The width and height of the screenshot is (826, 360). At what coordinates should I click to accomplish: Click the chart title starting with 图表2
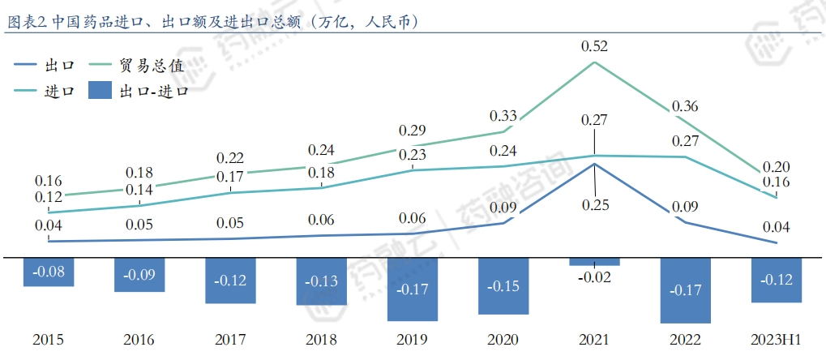pos(212,22)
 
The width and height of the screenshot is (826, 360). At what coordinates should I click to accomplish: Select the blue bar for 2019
pos(413,289)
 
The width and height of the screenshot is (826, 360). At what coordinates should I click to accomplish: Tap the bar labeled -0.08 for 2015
pos(49,272)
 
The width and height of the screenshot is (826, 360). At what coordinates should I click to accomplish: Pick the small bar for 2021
pos(594,262)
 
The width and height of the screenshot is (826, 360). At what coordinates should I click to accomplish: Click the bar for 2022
pos(685,289)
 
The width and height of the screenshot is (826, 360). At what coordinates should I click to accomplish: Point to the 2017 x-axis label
pos(230,339)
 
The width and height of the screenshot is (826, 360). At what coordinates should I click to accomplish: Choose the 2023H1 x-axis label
pos(776,339)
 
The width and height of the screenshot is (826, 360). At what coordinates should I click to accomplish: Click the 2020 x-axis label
pos(503,339)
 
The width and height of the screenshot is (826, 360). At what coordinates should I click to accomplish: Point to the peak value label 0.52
pos(595,46)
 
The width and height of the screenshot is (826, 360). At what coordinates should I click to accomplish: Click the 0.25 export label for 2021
pos(595,204)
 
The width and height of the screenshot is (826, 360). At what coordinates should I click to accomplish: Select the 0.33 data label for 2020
pos(504,115)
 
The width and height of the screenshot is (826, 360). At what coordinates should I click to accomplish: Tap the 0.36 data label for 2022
pos(685,106)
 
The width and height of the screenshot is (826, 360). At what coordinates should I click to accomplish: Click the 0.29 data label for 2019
pos(413,130)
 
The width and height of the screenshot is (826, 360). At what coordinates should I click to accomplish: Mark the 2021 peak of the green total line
pos(595,62)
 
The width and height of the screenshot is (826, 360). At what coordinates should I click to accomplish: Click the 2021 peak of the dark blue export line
pos(595,164)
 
